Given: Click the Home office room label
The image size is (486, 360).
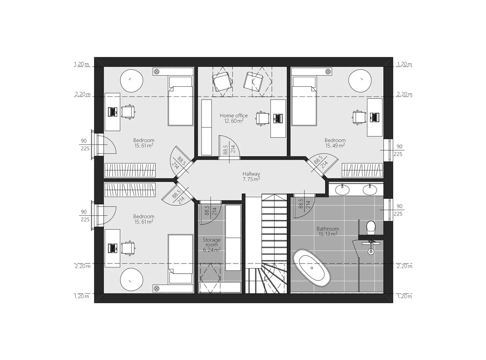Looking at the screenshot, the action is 234,115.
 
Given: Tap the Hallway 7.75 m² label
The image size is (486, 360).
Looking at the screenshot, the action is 251,176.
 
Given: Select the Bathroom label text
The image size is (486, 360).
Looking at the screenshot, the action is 327,229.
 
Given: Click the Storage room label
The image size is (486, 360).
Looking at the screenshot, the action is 212,242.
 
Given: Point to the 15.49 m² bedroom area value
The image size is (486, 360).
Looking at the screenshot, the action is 335,145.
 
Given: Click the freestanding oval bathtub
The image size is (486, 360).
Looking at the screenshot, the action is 312,268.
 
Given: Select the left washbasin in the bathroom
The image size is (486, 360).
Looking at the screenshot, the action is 342,189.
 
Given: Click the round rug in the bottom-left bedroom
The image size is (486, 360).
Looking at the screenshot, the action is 131,279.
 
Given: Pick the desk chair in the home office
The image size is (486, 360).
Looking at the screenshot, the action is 262,119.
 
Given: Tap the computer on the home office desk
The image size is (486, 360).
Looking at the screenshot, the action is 278,119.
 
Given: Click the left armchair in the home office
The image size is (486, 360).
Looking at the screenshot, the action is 222,82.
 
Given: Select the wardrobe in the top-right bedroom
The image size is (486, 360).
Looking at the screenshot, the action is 362,170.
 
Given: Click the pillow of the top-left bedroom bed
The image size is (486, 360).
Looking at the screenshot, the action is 181,82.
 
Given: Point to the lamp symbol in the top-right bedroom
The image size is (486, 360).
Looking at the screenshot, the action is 328,71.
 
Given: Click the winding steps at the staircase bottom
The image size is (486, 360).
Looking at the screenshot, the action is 266,278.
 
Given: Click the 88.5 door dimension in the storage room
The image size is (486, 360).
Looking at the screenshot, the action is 207,210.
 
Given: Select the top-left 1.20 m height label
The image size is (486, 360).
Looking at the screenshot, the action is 81,64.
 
